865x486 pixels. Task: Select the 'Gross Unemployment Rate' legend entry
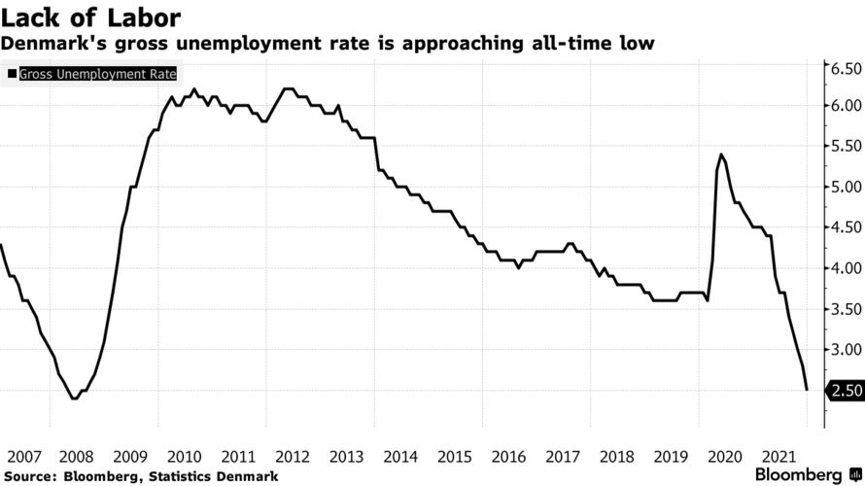[x=91, y=73]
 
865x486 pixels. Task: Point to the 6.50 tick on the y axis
[x=842, y=69]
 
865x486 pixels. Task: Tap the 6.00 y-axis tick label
[x=842, y=105]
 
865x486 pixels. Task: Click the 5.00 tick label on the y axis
[x=842, y=187]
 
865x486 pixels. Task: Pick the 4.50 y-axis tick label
[x=842, y=227]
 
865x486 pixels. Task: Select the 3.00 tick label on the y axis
[x=842, y=349]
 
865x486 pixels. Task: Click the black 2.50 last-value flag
[x=842, y=391]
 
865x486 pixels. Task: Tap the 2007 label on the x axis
[x=24, y=456]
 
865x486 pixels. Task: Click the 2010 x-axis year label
[x=184, y=456]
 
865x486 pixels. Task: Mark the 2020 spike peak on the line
[x=721, y=155]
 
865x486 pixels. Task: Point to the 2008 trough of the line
[x=74, y=399]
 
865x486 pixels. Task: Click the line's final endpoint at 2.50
[x=807, y=390]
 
